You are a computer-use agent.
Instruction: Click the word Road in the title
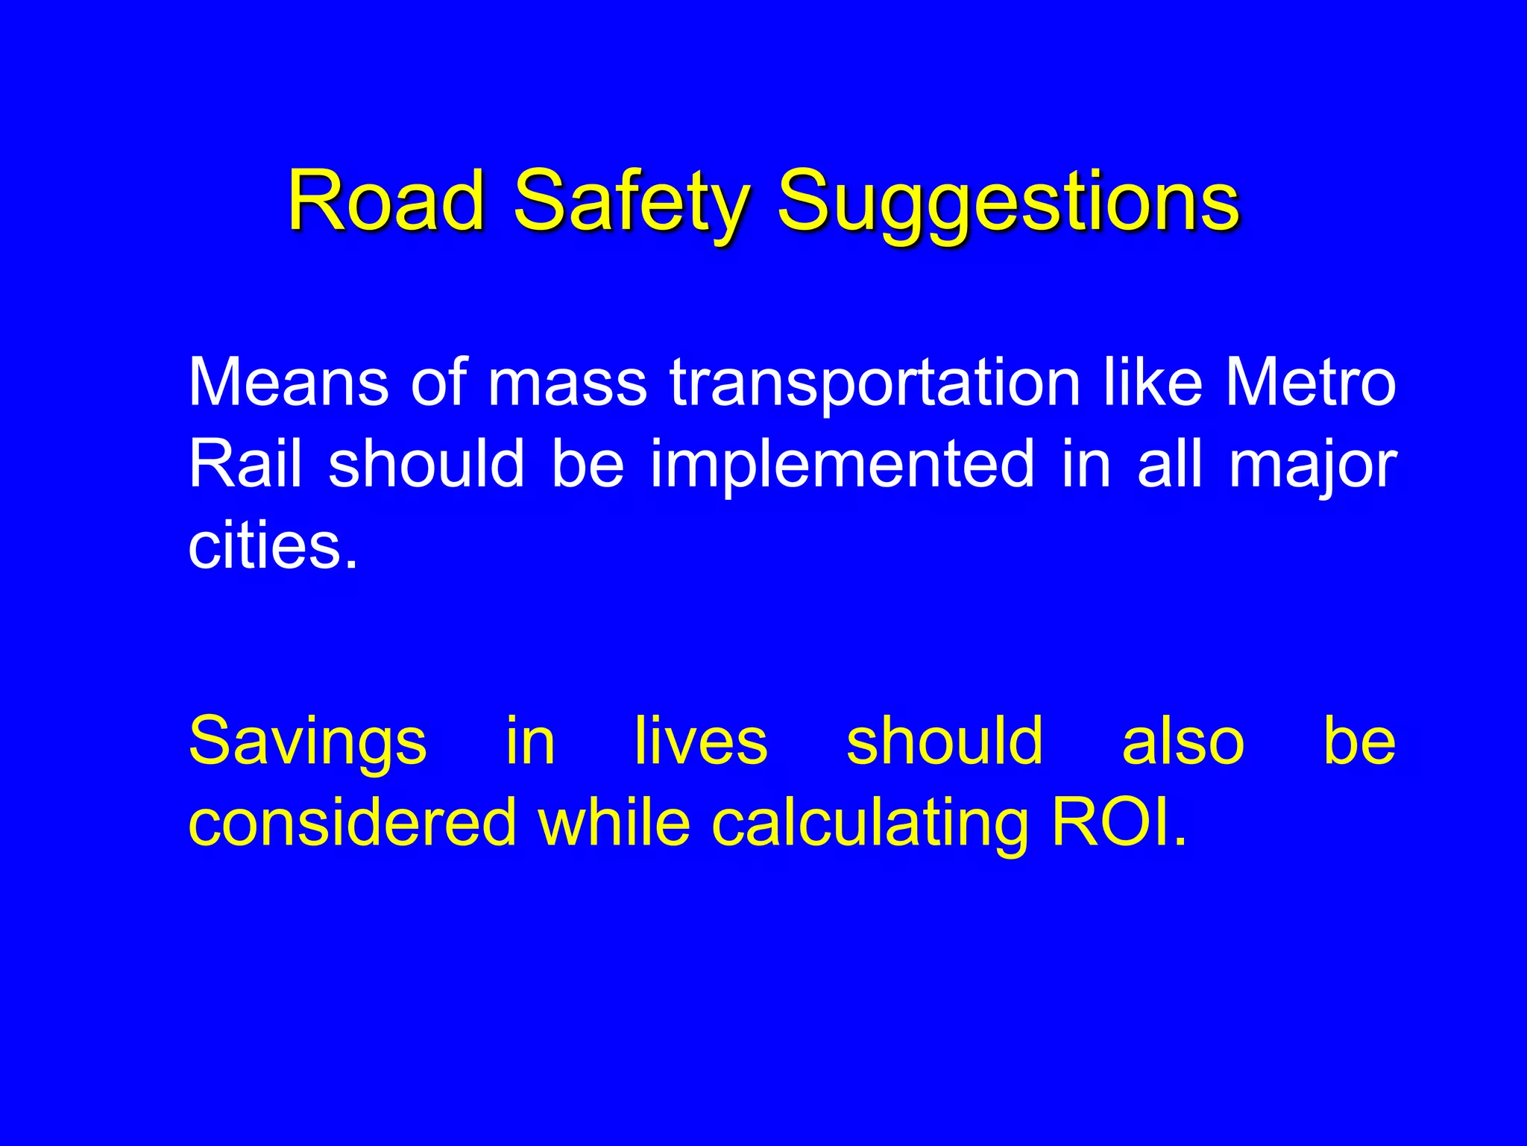tap(387, 200)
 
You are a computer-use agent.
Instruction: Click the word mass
tap(567, 383)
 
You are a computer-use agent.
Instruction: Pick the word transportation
tap(875, 383)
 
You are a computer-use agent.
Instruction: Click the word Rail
tap(245, 463)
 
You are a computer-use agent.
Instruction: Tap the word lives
tap(700, 741)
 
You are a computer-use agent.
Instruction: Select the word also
tap(1183, 741)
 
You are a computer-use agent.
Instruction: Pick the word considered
tap(352, 823)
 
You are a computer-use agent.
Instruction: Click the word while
tap(614, 821)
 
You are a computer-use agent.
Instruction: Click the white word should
tap(426, 463)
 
